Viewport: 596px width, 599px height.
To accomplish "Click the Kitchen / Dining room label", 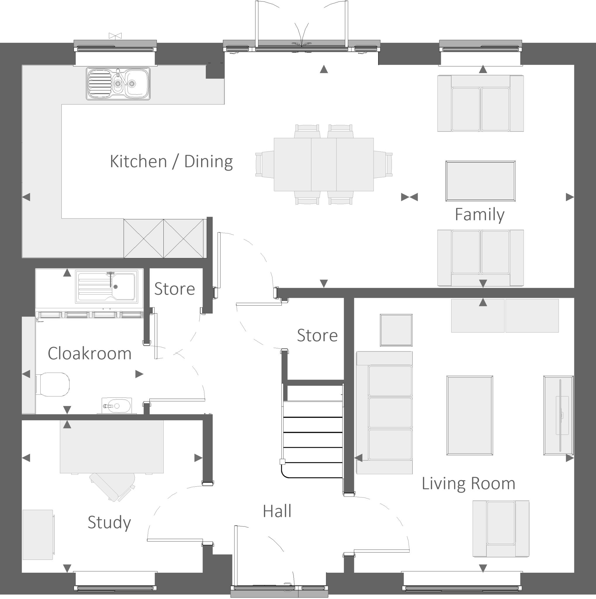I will (171, 161).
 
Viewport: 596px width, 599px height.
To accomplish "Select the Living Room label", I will (468, 483).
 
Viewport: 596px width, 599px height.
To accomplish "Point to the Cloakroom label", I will (89, 353).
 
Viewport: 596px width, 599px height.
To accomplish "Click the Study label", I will (109, 522).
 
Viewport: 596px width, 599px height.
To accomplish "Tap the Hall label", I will (277, 511).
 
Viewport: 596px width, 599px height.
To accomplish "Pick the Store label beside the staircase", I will (317, 335).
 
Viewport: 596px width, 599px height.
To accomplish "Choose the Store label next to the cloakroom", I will (175, 289).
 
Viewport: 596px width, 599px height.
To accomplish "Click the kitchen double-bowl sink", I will (118, 84).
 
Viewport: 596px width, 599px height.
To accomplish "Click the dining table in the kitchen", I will (323, 164).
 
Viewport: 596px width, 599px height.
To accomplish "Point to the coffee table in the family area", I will (481, 181).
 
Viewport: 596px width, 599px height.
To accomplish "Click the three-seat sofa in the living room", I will (384, 413).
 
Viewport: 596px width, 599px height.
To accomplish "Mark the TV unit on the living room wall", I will (558, 415).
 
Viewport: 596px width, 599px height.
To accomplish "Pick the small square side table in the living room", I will (396, 330).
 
